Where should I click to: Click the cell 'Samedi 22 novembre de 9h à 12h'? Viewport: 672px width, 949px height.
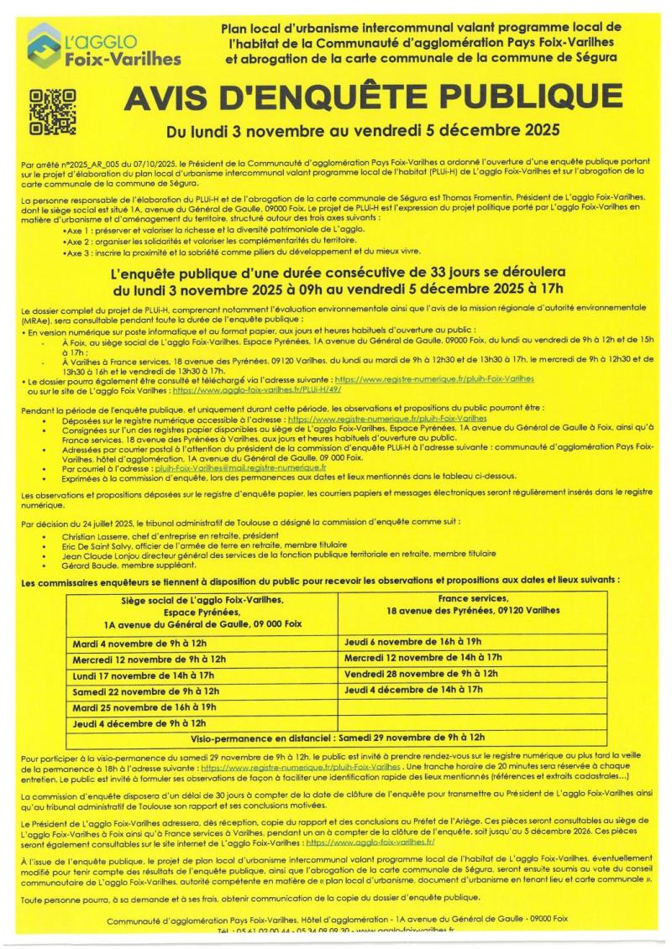tap(145, 691)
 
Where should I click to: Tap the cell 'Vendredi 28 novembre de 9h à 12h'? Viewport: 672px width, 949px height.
tap(421, 674)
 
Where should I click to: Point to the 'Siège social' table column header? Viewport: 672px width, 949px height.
tap(202, 613)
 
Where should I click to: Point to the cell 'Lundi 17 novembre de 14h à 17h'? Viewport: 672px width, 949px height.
tap(144, 675)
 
